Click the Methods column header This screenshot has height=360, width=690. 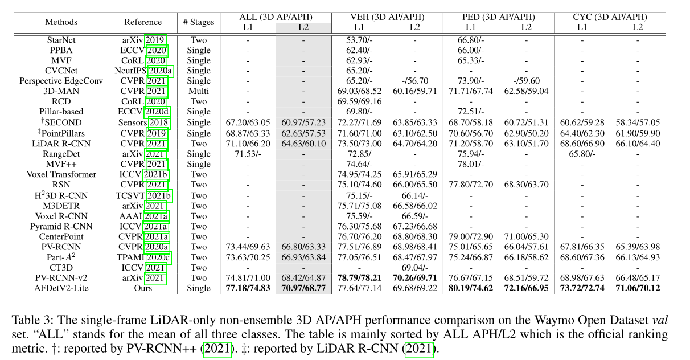[61, 22]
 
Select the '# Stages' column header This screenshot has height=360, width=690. [199, 22]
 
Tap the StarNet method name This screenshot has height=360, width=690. [61, 40]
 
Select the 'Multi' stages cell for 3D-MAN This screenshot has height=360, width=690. [199, 91]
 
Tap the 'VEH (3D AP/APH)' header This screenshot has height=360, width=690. [387, 17]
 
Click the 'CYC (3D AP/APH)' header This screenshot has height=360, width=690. [610, 17]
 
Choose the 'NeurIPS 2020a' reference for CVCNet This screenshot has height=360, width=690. [143, 71]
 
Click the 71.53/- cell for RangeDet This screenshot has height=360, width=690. [248, 154]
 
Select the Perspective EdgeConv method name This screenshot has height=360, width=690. [61, 81]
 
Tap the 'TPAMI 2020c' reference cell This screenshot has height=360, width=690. [143, 257]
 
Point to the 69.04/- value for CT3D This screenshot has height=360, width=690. [415, 268]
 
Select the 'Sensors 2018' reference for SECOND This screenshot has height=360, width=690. [143, 122]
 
